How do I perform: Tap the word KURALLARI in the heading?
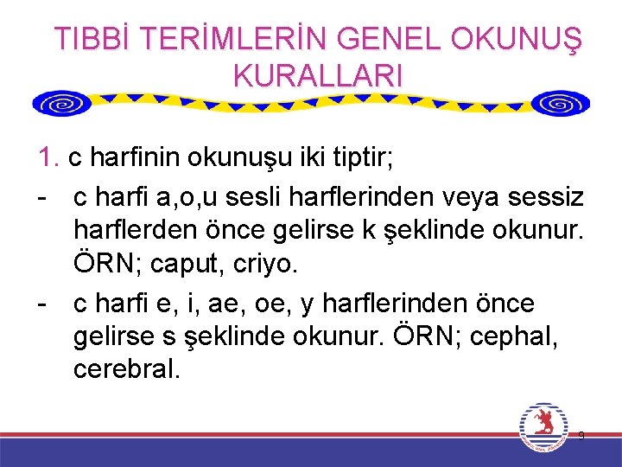(318, 75)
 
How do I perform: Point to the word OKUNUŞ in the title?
(516, 39)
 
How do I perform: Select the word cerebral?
(126, 369)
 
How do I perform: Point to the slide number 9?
(581, 436)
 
